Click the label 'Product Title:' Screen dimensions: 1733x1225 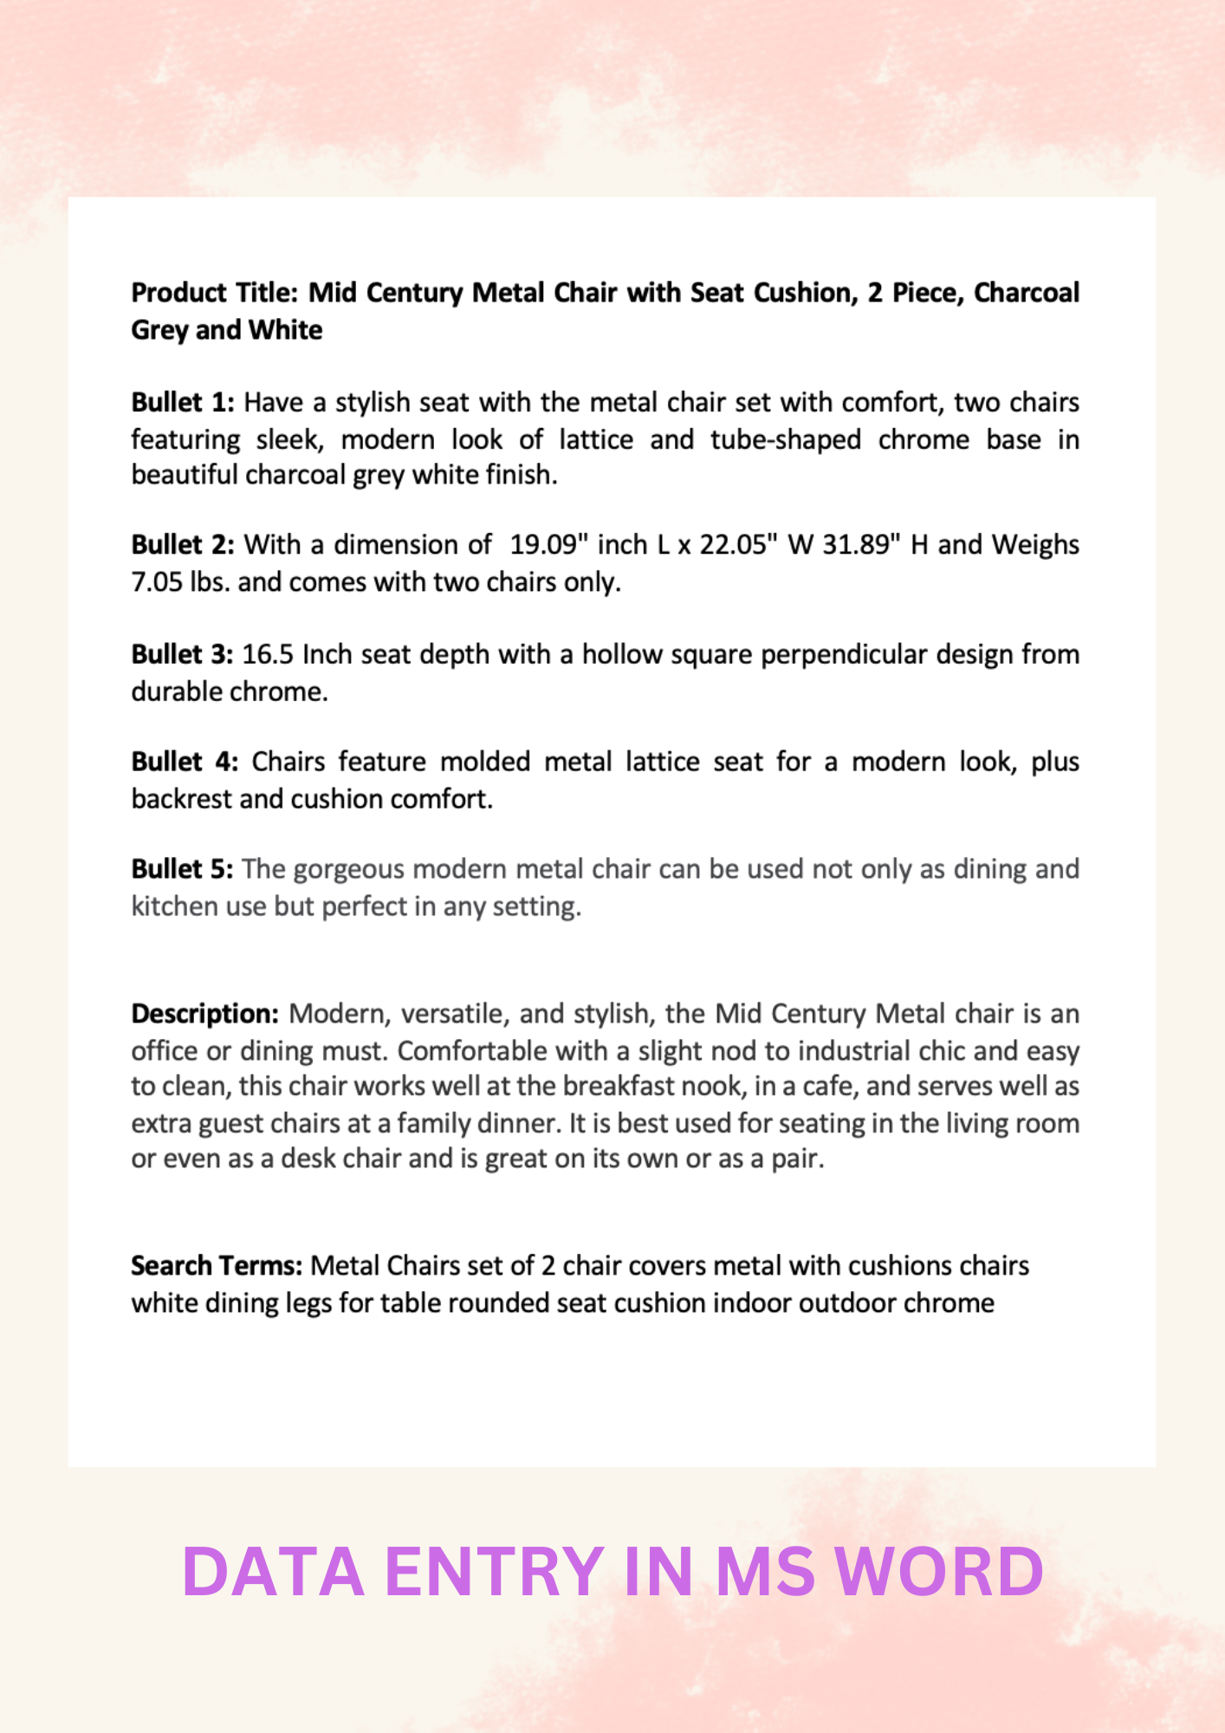tap(214, 293)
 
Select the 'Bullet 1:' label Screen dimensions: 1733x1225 tap(183, 403)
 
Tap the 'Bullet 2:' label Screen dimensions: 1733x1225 tap(183, 545)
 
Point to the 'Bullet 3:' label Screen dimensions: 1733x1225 tap(182, 654)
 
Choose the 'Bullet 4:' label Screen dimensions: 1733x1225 tap(185, 762)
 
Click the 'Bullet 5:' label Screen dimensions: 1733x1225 tap(182, 869)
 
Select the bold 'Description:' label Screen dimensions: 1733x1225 tap(204, 1014)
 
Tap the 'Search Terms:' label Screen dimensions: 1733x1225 tap(217, 1266)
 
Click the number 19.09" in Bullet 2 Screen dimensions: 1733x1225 tap(544, 545)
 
